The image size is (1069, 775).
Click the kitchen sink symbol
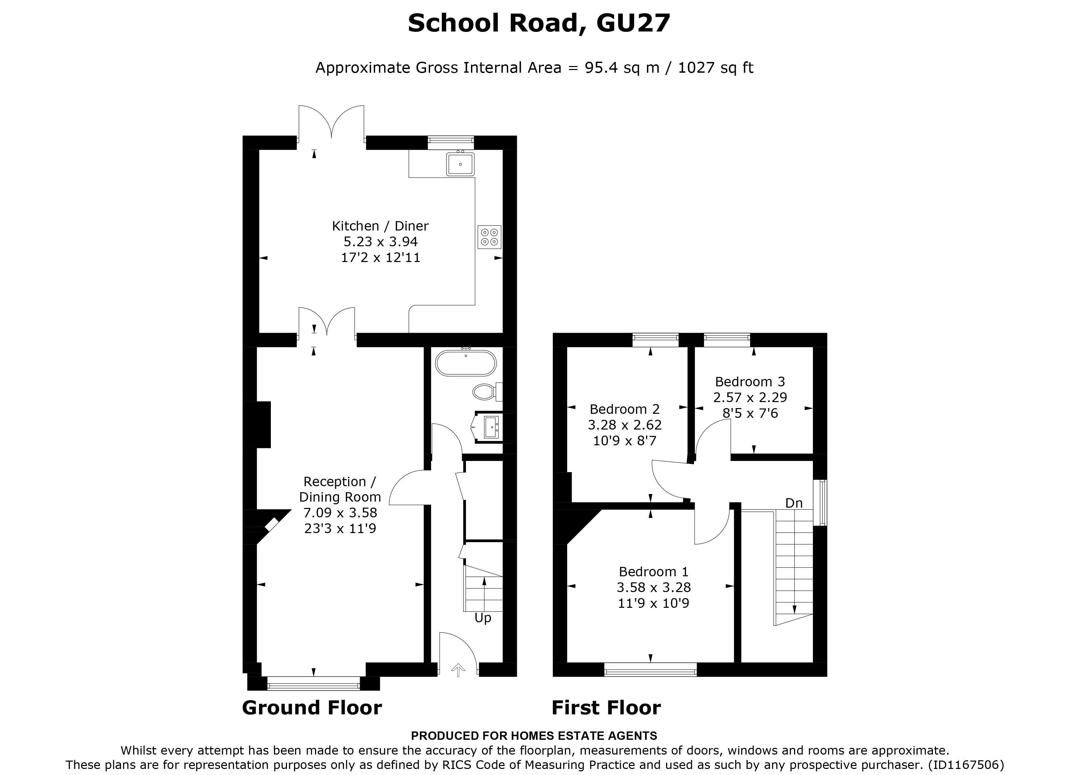pyautogui.click(x=460, y=164)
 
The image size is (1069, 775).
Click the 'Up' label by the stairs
pyautogui.click(x=483, y=618)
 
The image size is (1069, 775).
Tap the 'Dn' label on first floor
pyautogui.click(x=794, y=503)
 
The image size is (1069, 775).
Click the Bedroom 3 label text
pyautogui.click(x=750, y=382)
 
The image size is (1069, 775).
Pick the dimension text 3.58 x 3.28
pyautogui.click(x=654, y=587)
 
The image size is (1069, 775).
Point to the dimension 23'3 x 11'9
pyautogui.click(x=340, y=529)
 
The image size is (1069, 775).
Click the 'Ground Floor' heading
pyautogui.click(x=311, y=708)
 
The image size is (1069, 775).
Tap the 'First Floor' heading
pyautogui.click(x=606, y=708)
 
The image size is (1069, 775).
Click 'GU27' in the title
pyautogui.click(x=633, y=23)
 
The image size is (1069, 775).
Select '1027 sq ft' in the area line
pyautogui.click(x=715, y=68)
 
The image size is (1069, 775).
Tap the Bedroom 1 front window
pyautogui.click(x=650, y=669)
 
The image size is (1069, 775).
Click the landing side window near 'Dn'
pyautogui.click(x=823, y=502)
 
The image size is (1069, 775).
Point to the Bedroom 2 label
pyautogui.click(x=625, y=409)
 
